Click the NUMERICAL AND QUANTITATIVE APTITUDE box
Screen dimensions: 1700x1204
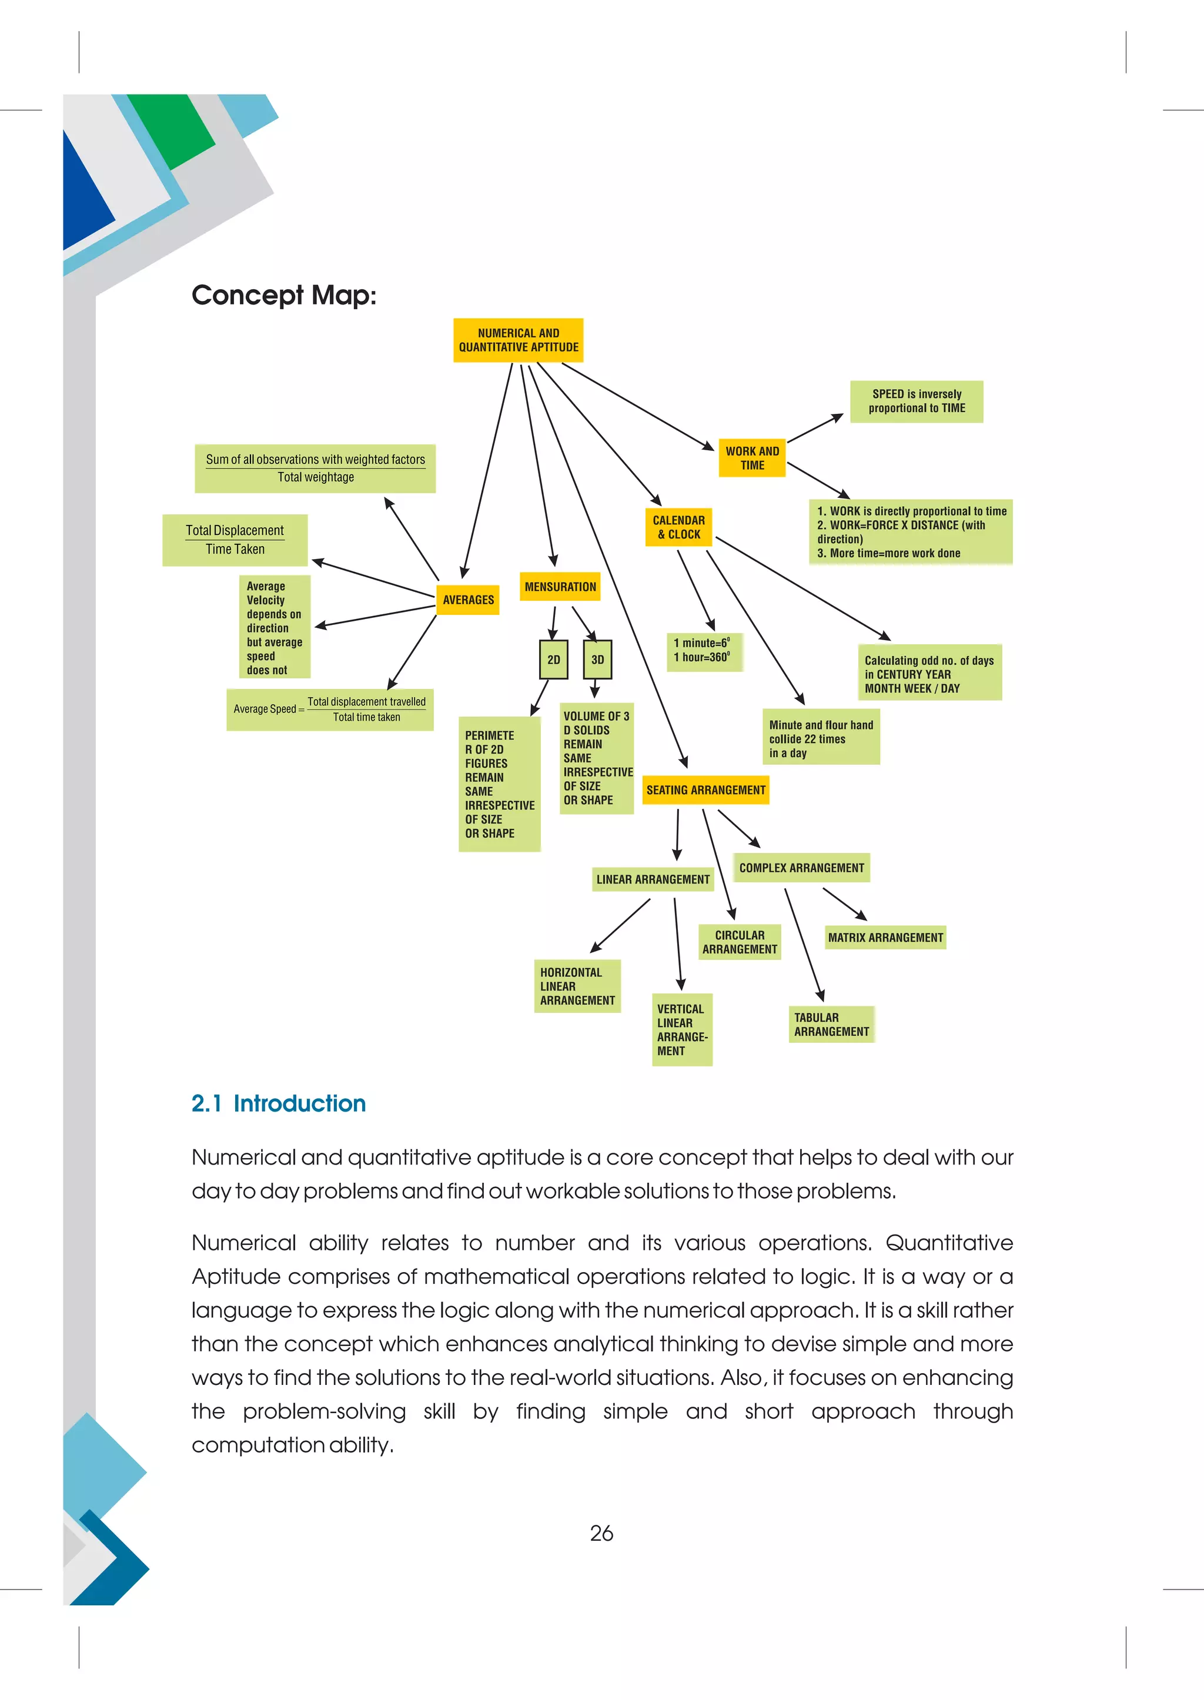coord(518,340)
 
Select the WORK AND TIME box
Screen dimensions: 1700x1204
coord(752,458)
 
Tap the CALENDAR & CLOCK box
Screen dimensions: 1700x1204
coord(678,527)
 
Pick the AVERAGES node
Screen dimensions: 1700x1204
coord(468,600)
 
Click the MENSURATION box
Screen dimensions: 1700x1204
coord(560,587)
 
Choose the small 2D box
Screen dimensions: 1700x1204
coord(553,660)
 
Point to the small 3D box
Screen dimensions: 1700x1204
coord(597,660)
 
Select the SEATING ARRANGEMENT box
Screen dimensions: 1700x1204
coord(705,790)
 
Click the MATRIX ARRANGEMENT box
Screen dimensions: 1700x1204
coord(885,938)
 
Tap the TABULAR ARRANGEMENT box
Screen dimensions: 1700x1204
coord(831,1025)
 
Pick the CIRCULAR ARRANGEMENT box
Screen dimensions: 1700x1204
coord(739,942)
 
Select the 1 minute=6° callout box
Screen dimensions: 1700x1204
coord(704,651)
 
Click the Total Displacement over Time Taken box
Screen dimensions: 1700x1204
coord(235,540)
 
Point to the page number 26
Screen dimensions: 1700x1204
coord(601,1532)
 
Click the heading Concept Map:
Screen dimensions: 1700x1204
coord(284,295)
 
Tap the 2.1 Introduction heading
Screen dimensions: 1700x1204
coord(279,1103)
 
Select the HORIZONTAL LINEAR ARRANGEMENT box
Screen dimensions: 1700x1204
coord(577,986)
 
